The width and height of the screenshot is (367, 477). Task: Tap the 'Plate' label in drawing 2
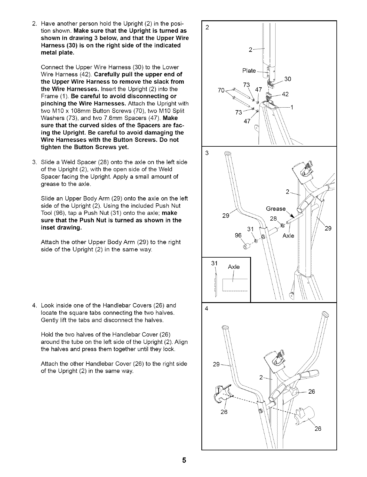coord(249,71)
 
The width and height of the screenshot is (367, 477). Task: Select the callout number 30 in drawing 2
coord(288,79)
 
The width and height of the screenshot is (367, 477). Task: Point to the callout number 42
coord(285,94)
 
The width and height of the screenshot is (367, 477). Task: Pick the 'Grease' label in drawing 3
coord(276,209)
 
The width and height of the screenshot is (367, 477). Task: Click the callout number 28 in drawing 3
coord(273,218)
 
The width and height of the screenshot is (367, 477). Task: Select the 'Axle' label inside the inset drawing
coord(233,267)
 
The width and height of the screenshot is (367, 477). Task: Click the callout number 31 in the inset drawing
coord(214,263)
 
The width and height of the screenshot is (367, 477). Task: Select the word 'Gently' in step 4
coord(49,320)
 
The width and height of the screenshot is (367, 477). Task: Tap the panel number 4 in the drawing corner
coord(207,309)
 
